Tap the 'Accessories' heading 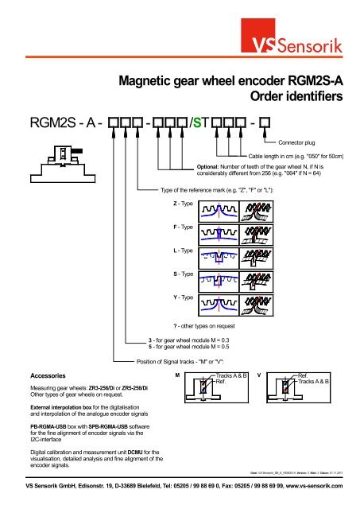(40, 374)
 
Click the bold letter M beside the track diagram (177, 373)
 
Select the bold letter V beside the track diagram (272, 373)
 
